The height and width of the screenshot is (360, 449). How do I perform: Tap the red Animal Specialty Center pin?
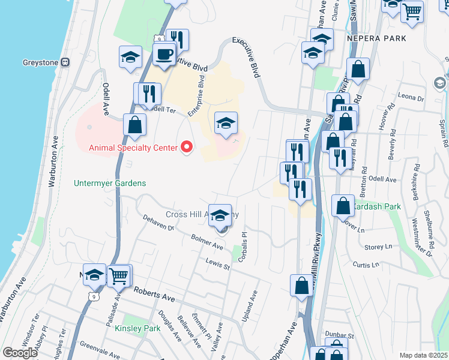coord(187,147)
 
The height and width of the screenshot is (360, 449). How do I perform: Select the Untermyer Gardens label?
coord(110,183)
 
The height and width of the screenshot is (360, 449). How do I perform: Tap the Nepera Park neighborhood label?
coord(376,38)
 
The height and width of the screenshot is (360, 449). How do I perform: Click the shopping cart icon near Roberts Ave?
coord(120,277)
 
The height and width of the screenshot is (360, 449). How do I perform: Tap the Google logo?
coord(20,353)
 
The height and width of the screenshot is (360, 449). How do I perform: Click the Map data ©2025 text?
coord(424,355)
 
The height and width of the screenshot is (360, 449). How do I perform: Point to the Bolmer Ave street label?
coord(207,244)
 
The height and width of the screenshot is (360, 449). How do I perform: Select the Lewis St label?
coord(218,262)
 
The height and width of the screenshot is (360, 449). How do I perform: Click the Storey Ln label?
coord(378,247)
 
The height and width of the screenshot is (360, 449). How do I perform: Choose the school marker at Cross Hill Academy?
coord(220,216)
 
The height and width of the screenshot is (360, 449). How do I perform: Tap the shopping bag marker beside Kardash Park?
coord(342,206)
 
